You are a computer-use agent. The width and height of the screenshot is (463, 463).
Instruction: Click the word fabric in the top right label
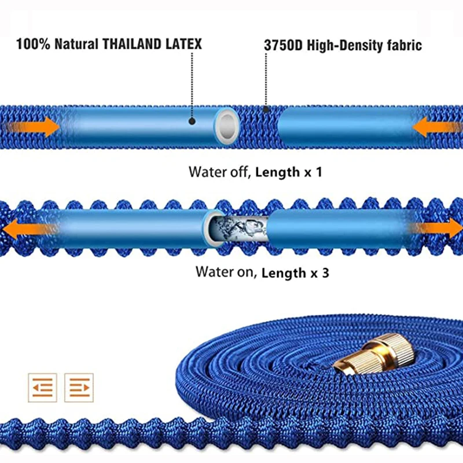(402, 45)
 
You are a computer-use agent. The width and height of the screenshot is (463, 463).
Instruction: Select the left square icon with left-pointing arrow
(42, 387)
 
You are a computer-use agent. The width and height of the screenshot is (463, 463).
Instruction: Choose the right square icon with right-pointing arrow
(79, 387)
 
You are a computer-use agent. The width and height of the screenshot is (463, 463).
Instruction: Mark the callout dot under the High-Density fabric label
(266, 108)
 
